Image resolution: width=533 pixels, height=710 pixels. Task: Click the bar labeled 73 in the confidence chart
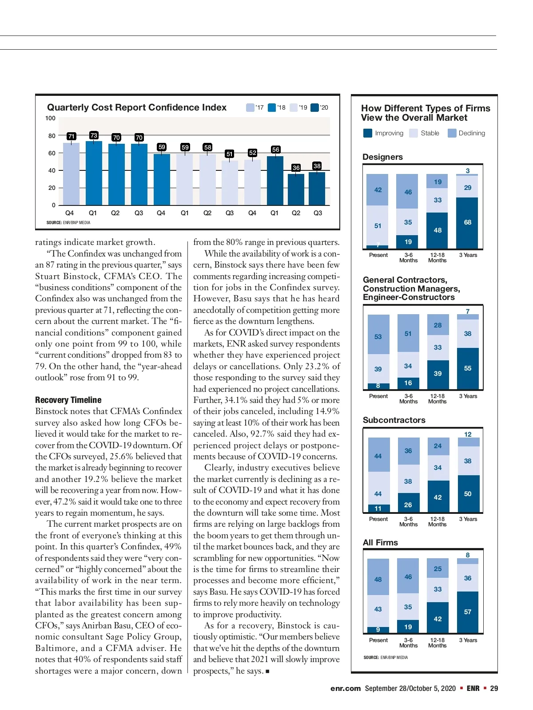coord(94,173)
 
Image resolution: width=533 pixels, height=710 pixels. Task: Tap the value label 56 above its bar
coord(275,150)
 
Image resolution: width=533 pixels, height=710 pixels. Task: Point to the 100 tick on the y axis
coord(50,118)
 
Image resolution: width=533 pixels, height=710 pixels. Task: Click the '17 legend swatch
coord(250,107)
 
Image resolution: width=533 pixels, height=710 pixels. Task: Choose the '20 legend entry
coord(319,107)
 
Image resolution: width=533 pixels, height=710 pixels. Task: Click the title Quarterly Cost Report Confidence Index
coord(136,107)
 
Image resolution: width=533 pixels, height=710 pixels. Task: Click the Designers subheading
coord(382,157)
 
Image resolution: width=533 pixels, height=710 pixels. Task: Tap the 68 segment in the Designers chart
coord(467,222)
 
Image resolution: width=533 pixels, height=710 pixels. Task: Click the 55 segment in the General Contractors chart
coord(467,368)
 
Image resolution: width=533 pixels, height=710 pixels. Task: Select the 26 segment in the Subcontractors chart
coord(408,505)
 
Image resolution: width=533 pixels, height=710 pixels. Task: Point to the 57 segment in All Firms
coord(467,612)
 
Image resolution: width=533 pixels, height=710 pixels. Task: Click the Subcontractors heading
coord(394,420)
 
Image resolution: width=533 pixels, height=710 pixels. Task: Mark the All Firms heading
coord(380,543)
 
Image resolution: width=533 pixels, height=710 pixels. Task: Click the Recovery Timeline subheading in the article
coord(68,400)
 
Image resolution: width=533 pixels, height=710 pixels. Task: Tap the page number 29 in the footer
coord(494,688)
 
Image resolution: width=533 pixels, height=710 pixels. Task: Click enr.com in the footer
coord(345,688)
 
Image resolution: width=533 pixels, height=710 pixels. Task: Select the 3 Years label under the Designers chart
coord(468,255)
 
